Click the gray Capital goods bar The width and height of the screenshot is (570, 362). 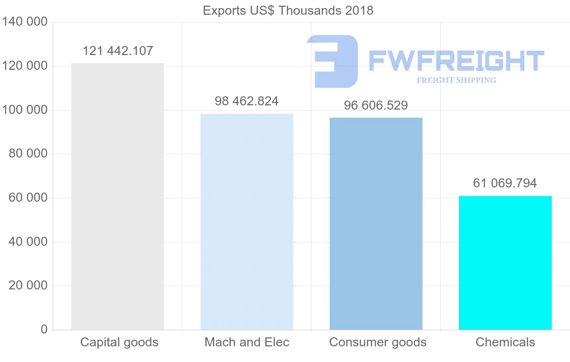coord(117,196)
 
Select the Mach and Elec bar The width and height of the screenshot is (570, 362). coord(247,222)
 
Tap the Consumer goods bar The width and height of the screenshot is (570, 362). coord(376,223)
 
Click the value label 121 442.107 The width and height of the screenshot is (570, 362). coord(118,51)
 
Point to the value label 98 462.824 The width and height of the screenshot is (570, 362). coord(247,101)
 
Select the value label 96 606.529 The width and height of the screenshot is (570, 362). coord(376,105)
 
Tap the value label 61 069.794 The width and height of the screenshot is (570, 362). coord(505,183)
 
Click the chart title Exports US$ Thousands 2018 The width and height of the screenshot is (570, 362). coord(288,10)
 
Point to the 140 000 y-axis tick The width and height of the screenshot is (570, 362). coord(25,22)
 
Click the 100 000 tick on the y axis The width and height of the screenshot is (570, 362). coord(25,110)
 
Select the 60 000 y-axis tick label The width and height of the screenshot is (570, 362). coord(28,198)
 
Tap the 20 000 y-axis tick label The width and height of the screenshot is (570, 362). coord(28,286)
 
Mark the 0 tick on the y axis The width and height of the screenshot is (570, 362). coord(44,329)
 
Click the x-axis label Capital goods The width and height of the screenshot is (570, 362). coord(119,342)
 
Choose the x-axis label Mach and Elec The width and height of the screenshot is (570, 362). coord(247,342)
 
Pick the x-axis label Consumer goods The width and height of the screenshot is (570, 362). coord(378,342)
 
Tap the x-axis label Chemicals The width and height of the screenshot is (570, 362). coord(505,342)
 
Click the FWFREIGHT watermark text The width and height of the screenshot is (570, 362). coord(456,61)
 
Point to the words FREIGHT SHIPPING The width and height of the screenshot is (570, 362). coord(456,80)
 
